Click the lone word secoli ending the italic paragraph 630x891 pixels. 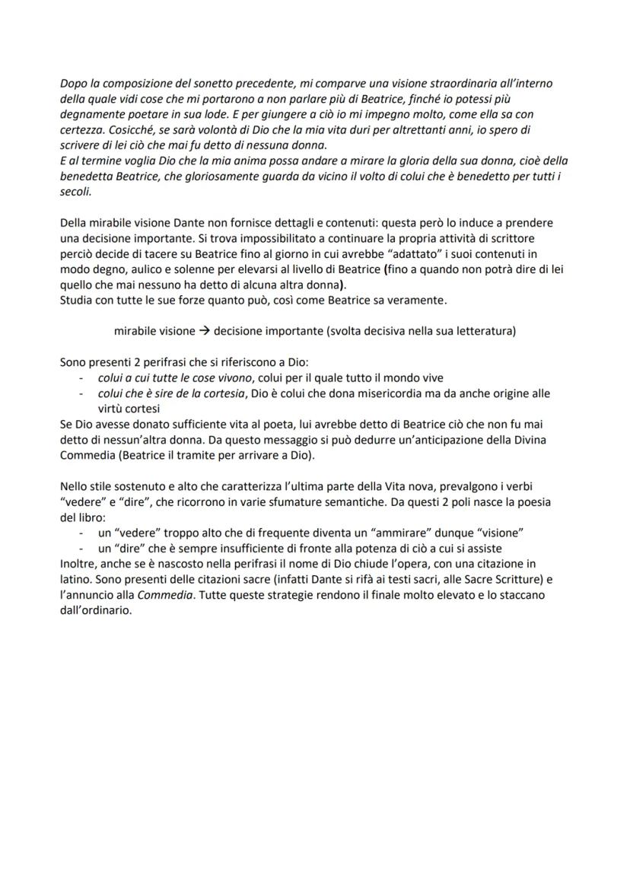(x=75, y=193)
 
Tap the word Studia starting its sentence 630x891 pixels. (x=76, y=301)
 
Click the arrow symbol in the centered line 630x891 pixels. (x=205, y=331)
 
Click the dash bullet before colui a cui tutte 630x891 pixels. (x=82, y=378)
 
